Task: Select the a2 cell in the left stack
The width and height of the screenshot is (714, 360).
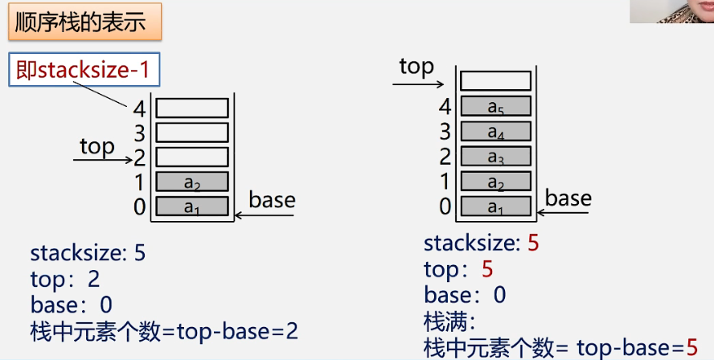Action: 192,182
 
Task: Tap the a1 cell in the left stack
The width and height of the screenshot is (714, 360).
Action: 192,207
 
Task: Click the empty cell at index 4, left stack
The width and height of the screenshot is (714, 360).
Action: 192,108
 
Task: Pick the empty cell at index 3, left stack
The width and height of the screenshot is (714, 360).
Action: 192,132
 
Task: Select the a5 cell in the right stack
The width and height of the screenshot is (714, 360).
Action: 495,106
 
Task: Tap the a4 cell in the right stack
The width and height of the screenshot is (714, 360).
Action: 495,130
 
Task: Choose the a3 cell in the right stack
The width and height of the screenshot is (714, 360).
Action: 495,156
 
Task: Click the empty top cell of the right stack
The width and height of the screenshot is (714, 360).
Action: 495,80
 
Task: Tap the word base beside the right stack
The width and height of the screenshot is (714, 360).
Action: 568,198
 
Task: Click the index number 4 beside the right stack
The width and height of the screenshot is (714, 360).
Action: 445,105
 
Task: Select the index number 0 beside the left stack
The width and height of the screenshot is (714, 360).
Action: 141,207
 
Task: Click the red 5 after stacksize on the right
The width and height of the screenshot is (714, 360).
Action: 533,243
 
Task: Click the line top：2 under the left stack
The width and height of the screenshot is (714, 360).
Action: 65,280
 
